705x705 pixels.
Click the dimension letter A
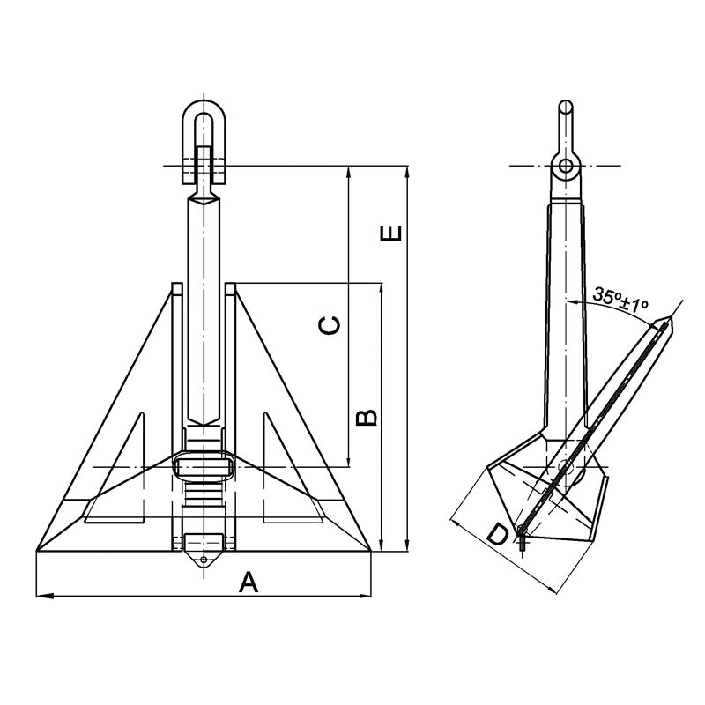pos(249,582)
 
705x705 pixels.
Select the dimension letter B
pos(368,416)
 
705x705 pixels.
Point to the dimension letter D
pos(497,535)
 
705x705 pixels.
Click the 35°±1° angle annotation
pos(620,297)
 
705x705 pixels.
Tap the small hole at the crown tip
pos(204,560)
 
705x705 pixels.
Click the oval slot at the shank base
pos(204,465)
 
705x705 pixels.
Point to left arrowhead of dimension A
pos(41,597)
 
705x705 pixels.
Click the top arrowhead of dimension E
pos(406,170)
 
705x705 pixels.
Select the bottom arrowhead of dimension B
pos(382,546)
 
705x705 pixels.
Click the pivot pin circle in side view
pos(569,471)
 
